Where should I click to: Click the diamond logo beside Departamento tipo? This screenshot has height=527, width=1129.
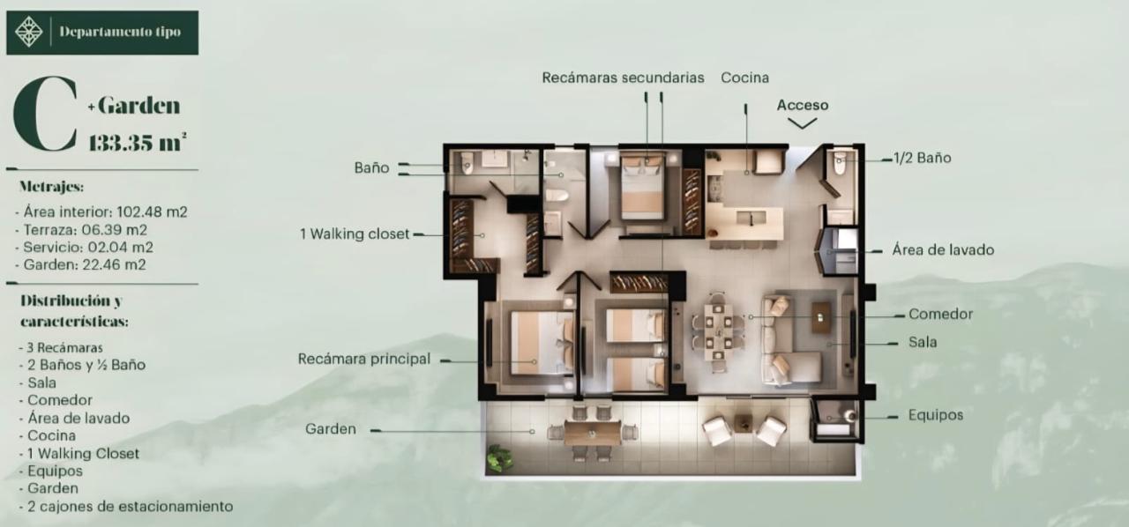[29, 32]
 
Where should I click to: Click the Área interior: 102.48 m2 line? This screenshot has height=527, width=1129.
[101, 212]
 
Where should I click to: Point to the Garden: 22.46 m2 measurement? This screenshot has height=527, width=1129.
[80, 264]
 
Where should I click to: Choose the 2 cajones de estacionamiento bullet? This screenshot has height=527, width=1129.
[126, 507]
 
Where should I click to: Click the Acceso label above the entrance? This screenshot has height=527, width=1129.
[803, 105]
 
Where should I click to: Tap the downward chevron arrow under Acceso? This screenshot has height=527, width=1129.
[802, 123]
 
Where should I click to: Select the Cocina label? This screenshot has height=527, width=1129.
[745, 78]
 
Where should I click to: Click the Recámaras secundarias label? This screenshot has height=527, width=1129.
[623, 78]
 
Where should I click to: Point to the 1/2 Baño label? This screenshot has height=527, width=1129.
[923, 158]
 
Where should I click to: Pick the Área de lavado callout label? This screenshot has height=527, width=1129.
[943, 250]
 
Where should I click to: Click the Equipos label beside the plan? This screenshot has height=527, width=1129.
[936, 415]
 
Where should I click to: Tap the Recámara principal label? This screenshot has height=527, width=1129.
[364, 359]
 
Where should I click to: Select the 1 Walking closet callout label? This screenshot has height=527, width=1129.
[355, 234]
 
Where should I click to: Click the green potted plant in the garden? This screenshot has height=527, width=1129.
[499, 457]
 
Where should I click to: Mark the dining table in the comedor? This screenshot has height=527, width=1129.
[718, 331]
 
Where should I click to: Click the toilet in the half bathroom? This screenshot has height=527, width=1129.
[839, 163]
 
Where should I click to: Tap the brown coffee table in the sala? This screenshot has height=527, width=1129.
[821, 317]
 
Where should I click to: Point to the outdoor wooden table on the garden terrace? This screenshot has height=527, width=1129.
[592, 433]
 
